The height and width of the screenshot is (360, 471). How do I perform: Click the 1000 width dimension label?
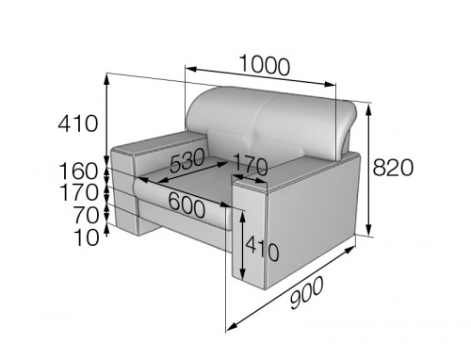[265, 65]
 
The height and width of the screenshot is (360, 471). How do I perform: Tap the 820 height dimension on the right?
[393, 168]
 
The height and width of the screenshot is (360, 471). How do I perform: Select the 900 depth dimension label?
[306, 292]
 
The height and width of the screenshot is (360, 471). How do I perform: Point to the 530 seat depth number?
[187, 160]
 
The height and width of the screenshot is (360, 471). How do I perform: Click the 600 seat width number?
[187, 205]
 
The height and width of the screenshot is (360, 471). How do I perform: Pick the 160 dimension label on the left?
[78, 172]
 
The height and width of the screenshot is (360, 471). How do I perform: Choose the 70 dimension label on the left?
[86, 215]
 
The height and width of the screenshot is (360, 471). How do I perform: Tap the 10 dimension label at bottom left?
[86, 237]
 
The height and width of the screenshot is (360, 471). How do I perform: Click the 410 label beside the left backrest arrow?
[78, 123]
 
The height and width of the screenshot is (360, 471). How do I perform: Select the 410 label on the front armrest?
[262, 249]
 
